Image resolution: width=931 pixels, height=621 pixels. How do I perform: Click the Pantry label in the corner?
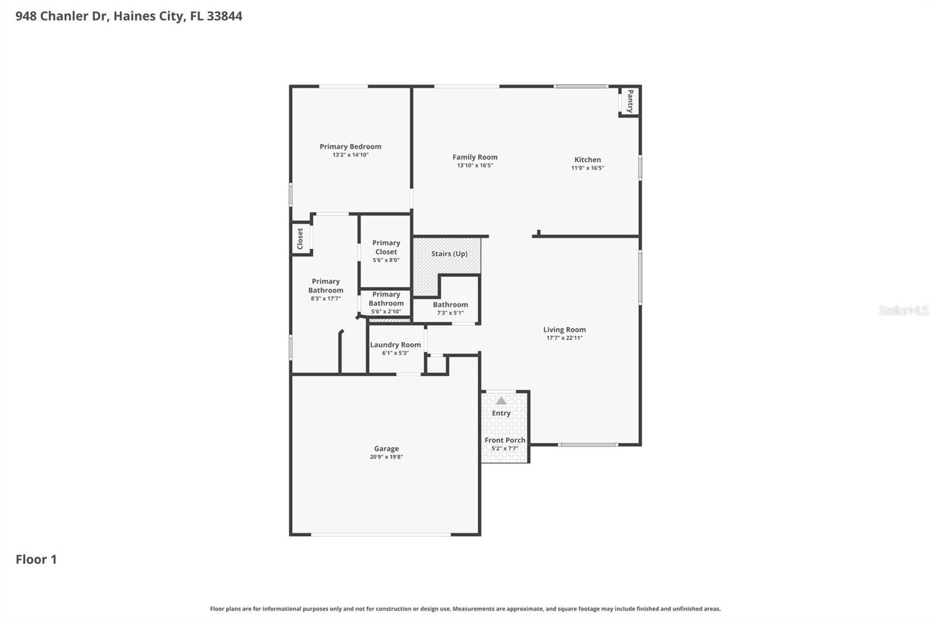pyautogui.click(x=630, y=101)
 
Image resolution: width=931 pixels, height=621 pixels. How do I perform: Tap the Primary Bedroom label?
pyautogui.click(x=350, y=146)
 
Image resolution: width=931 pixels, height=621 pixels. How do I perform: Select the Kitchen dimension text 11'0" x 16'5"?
pyautogui.click(x=588, y=168)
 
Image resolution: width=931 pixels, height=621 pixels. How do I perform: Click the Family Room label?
pyautogui.click(x=475, y=157)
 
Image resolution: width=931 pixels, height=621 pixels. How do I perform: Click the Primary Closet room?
pyautogui.click(x=386, y=251)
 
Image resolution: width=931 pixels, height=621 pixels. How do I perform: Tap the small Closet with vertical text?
pyautogui.click(x=300, y=238)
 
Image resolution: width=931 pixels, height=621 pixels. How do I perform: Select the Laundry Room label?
pyautogui.click(x=395, y=344)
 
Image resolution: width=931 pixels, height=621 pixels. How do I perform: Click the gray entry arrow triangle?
pyautogui.click(x=501, y=401)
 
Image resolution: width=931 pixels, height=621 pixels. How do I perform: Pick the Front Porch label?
pyautogui.click(x=504, y=440)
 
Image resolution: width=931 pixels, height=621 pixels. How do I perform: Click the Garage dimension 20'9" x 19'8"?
pyautogui.click(x=386, y=457)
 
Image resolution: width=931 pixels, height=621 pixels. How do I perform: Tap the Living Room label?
pyautogui.click(x=564, y=329)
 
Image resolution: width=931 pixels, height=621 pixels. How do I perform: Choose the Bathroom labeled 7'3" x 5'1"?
pyautogui.click(x=450, y=308)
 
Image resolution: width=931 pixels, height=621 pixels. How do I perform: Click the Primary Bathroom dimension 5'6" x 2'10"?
pyautogui.click(x=386, y=312)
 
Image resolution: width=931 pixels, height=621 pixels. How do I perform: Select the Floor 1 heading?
pyautogui.click(x=36, y=559)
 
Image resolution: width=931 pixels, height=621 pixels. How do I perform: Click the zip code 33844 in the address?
pyautogui.click(x=224, y=16)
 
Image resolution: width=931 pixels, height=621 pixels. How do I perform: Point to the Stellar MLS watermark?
pyautogui.click(x=903, y=310)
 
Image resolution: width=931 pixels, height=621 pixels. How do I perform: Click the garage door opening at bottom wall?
pyautogui.click(x=381, y=534)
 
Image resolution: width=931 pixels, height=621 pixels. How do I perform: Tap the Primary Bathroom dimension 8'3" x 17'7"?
pyautogui.click(x=325, y=298)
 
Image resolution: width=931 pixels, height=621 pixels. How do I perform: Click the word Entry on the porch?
pyautogui.click(x=501, y=413)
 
